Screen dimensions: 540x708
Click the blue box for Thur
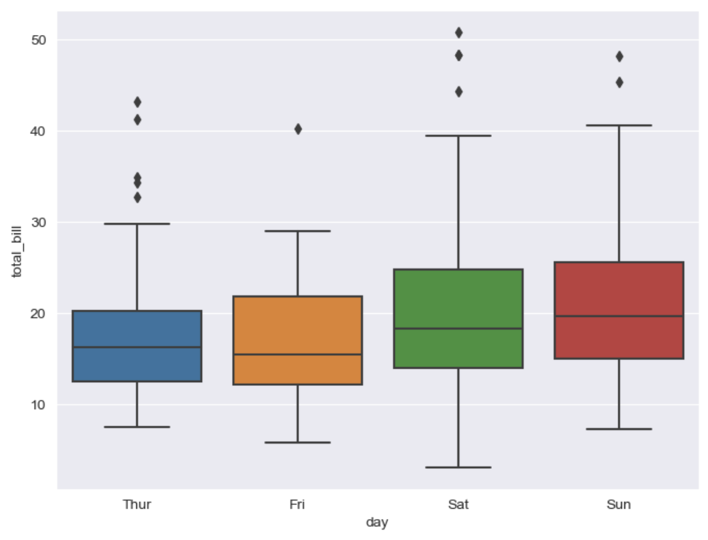pos(137,362)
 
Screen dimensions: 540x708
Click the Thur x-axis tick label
pos(137,505)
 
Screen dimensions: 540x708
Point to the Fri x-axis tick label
pos(298,505)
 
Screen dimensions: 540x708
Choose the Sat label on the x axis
pos(458,505)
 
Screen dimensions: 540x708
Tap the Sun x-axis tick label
pos(619,505)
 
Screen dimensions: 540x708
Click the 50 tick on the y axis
pos(39,40)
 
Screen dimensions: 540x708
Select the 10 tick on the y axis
pos(39,405)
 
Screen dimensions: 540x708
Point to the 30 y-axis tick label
pos(39,222)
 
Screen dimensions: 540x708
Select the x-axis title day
pos(377,523)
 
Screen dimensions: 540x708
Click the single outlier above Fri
pos(298,129)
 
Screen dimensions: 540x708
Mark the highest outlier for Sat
pos(458,33)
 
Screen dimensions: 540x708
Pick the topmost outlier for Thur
pos(137,102)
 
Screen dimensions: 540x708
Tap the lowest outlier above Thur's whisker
pos(137,197)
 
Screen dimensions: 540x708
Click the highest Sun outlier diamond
pos(619,57)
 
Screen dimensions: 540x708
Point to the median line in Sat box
pos(458,329)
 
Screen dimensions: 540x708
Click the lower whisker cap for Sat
pos(458,468)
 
